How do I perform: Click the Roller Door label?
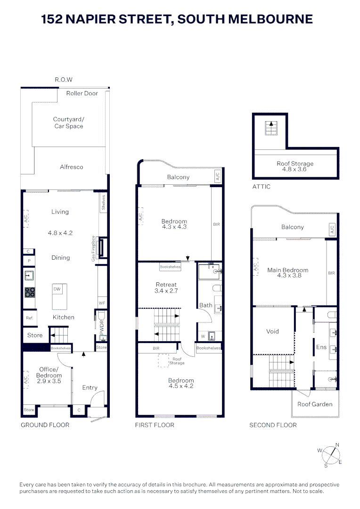tap(82, 93)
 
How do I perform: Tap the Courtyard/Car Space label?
tap(68, 123)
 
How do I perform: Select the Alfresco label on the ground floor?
tap(72, 167)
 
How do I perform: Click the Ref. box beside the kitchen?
tap(29, 318)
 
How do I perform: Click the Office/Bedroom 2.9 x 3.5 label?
tap(49, 375)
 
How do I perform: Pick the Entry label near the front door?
tap(90, 388)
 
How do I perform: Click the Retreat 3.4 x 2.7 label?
tap(166, 288)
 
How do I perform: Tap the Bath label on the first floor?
tap(205, 305)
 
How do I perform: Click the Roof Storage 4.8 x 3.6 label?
tap(295, 166)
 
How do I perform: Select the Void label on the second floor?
tap(272, 331)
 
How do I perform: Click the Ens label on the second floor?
tap(321, 347)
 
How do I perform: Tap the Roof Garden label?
tap(315, 404)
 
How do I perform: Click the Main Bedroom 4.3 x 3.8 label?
tap(287, 273)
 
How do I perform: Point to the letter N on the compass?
tap(337, 444)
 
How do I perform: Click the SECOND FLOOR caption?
tap(273, 425)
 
